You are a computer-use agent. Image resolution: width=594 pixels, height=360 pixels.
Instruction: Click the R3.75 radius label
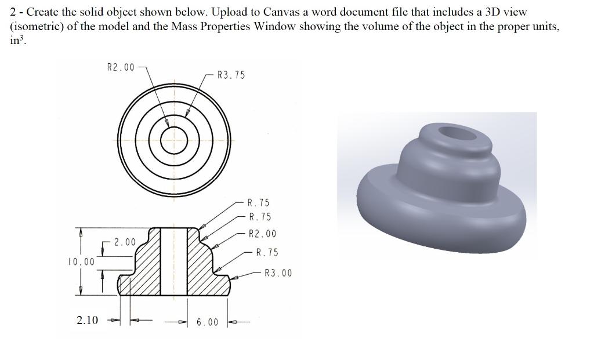231,75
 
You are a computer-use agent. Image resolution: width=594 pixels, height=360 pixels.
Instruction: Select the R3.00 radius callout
278,273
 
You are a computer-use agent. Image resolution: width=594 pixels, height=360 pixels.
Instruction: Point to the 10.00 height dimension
81,261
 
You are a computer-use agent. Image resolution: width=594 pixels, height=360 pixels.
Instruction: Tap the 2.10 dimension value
87,320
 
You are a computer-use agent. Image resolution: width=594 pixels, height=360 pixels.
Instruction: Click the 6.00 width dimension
207,322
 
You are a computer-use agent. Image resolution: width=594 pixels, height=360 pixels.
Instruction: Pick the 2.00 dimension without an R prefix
124,242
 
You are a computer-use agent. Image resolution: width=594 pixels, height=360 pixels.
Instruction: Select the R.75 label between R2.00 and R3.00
267,252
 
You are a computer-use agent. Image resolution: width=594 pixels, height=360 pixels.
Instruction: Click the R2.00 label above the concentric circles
121,67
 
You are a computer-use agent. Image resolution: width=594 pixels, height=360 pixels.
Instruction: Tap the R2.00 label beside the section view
262,234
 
